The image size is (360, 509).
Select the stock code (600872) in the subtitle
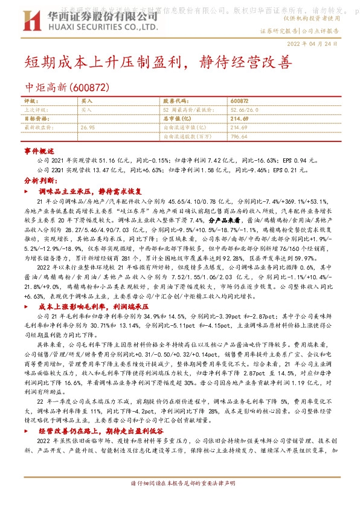click(90, 87)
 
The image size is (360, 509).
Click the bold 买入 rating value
click(86, 101)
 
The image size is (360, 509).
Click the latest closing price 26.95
click(88, 128)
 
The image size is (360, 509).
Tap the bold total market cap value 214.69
click(239, 119)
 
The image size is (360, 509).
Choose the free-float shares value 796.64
click(239, 137)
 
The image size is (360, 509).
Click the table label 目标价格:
click(34, 119)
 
